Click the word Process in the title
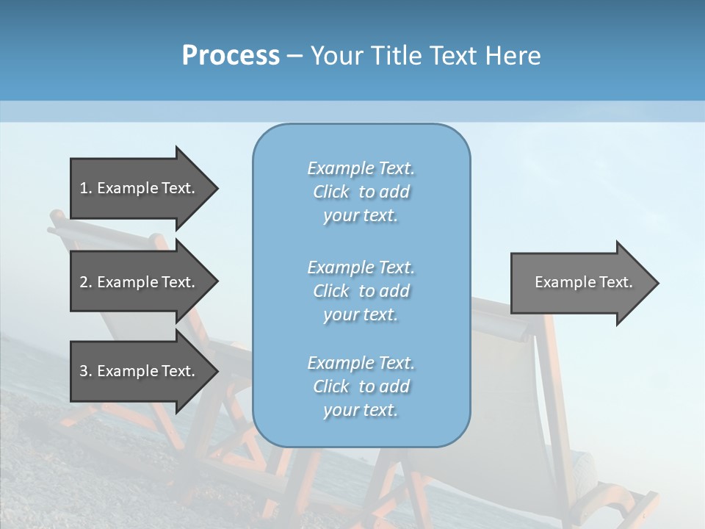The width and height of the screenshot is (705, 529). click(x=231, y=56)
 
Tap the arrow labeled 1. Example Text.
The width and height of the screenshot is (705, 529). click(x=137, y=188)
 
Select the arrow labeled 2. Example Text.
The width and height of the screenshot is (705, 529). click(x=137, y=282)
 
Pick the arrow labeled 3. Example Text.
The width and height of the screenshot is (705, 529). click(x=137, y=371)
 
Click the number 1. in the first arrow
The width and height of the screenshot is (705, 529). click(x=85, y=188)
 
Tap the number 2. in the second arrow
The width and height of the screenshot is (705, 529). click(x=85, y=282)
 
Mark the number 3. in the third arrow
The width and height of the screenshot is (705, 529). click(x=85, y=371)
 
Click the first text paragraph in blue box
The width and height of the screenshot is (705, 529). click(x=361, y=192)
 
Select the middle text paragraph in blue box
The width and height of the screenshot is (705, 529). click(x=361, y=291)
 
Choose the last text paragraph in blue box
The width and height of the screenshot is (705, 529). click(x=361, y=386)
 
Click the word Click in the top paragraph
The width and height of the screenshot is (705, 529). click(x=331, y=192)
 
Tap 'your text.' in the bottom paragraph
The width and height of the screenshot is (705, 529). click(x=361, y=410)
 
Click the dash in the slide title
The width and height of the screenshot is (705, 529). click(x=295, y=57)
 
